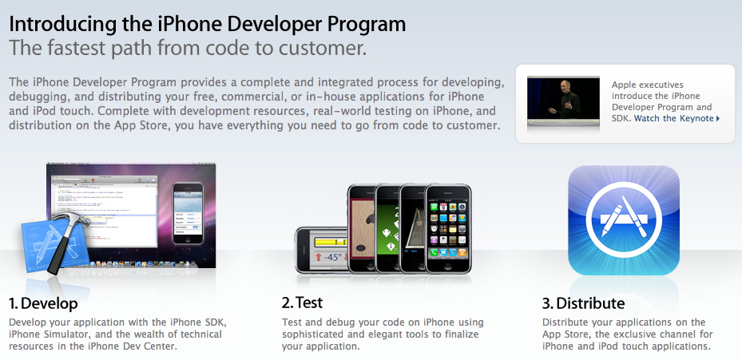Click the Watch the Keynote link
pos(677,118)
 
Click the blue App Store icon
pos(623,220)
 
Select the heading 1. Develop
pos(43,303)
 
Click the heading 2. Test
pos(302,303)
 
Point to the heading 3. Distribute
pos(583,303)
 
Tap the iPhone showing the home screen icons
pos(447,228)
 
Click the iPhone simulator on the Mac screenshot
pos(188,213)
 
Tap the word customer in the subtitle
pos(323,48)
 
